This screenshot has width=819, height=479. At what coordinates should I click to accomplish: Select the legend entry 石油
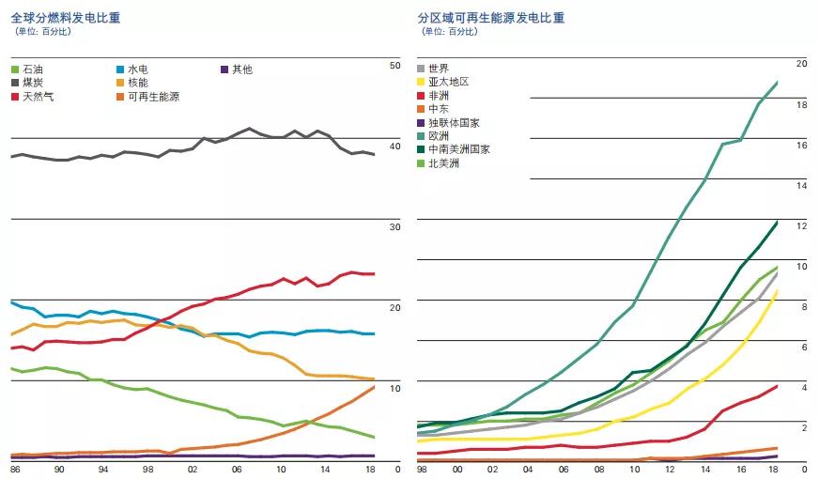point(33,70)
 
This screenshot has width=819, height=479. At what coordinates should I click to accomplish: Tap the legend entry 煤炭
point(33,84)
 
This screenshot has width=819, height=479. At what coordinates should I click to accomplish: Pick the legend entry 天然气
point(38,97)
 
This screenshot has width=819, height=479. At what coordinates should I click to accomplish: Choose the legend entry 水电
point(137,70)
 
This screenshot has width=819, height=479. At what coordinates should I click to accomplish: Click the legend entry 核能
point(137,84)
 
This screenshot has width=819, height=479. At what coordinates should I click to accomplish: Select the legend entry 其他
point(241,70)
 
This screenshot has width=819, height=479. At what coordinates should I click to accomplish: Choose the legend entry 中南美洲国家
point(458,149)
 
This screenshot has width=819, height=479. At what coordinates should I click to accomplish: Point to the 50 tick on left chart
point(394,65)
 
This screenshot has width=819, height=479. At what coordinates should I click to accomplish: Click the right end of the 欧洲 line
point(778,83)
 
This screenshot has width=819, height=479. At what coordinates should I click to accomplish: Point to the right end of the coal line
point(375,155)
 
